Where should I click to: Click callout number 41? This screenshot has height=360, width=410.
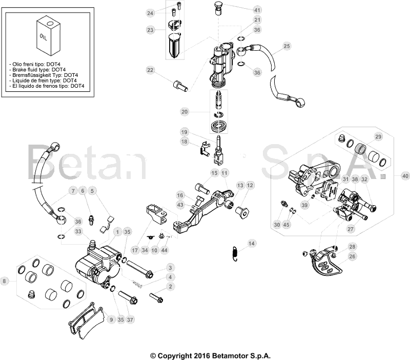pyautogui.click(x=257, y=10)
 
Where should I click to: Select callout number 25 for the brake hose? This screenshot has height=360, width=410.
pyautogui.click(x=287, y=46)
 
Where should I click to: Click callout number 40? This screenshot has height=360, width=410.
pyautogui.click(x=405, y=176)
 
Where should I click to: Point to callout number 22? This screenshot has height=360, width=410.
pyautogui.click(x=150, y=70)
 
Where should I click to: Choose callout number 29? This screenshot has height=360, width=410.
pyautogui.click(x=378, y=136)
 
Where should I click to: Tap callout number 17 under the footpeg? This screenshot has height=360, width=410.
pyautogui.click(x=135, y=250)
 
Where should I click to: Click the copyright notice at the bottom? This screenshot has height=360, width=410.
pyautogui.click(x=210, y=355)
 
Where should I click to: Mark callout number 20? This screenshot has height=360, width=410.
pyautogui.click(x=184, y=111)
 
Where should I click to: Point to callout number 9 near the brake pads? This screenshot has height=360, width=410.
pyautogui.click(x=112, y=319)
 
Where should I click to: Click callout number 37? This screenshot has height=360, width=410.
pyautogui.click(x=130, y=319)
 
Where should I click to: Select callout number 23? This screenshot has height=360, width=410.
pyautogui.click(x=150, y=30)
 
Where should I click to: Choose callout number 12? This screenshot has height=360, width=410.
pyautogui.click(x=250, y=185)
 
